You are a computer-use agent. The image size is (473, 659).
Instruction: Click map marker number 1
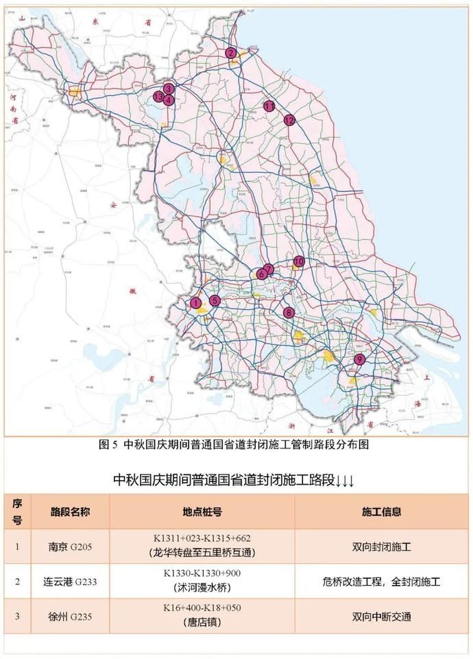(195, 303)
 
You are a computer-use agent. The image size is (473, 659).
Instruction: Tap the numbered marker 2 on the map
(232, 53)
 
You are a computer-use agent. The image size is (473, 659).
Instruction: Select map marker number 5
(215, 300)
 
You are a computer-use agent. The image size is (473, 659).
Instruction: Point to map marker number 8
(289, 313)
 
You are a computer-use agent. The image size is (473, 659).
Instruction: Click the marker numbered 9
(359, 359)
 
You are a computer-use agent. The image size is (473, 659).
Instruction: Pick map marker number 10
(299, 261)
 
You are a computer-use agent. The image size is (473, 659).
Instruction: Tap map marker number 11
(269, 106)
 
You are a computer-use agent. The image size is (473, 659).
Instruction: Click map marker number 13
(158, 97)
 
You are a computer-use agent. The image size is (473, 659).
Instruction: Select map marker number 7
(269, 269)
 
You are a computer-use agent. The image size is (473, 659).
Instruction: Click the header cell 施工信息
(381, 512)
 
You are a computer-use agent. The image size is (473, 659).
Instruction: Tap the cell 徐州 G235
(71, 616)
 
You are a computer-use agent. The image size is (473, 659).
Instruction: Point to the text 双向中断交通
(381, 616)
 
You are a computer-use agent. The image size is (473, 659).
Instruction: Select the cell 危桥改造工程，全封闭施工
(381, 582)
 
